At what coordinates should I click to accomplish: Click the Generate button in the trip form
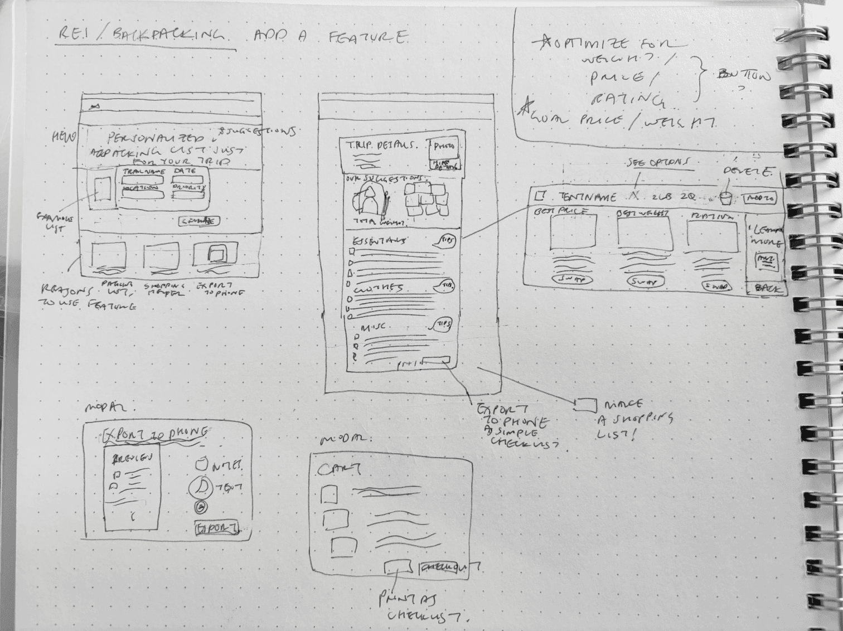[198, 221]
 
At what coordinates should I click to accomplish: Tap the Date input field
[189, 179]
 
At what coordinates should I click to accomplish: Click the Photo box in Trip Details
[443, 147]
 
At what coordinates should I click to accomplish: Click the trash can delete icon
[725, 197]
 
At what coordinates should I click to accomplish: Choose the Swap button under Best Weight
[643, 281]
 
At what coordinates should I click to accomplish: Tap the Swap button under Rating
[717, 285]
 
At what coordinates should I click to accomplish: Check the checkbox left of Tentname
[539, 196]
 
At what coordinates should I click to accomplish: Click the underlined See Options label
[657, 162]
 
